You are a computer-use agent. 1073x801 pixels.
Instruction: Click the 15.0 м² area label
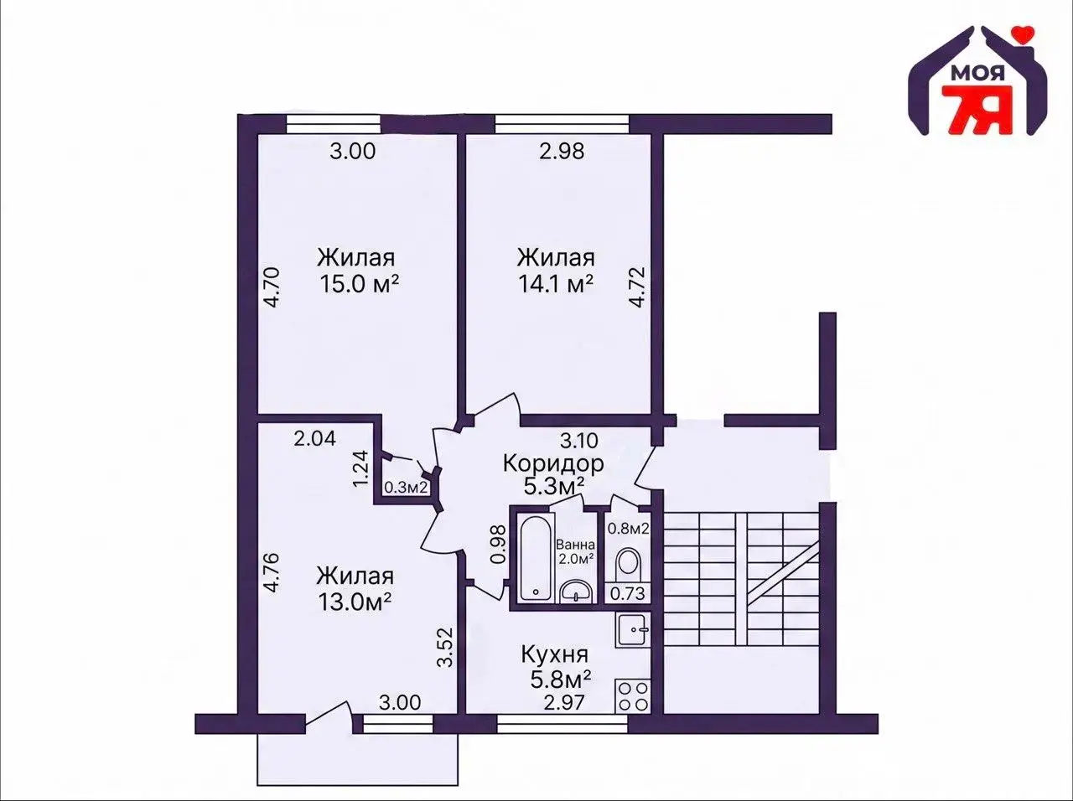click(x=359, y=284)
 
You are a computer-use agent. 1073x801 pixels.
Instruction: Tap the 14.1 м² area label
click(x=556, y=284)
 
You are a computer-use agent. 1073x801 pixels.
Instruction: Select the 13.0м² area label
click(x=355, y=602)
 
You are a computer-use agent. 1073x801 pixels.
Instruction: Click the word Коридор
click(x=553, y=463)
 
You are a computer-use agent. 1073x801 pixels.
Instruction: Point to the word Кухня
click(x=555, y=655)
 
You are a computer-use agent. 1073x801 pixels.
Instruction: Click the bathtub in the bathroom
click(x=536, y=558)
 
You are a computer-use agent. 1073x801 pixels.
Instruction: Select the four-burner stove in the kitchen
click(x=633, y=696)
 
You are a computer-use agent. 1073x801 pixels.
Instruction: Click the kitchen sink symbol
click(x=633, y=630)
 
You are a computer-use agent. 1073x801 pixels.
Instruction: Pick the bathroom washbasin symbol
click(x=577, y=591)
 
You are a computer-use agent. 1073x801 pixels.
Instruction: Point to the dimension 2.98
click(x=562, y=152)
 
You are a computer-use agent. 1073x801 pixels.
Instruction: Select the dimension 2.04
click(x=315, y=438)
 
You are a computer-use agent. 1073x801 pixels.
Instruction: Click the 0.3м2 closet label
click(x=407, y=487)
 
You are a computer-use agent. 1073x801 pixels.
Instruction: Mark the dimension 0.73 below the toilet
click(x=628, y=593)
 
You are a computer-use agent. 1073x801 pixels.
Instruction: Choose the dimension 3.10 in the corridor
click(x=578, y=441)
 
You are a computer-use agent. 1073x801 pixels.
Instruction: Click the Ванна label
click(x=577, y=545)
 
